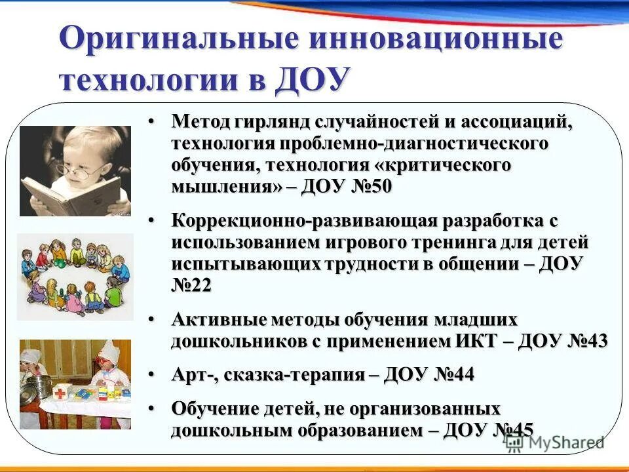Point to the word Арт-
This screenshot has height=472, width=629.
194,376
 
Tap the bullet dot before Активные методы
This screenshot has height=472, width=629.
151,321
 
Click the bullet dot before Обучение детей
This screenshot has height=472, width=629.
151,409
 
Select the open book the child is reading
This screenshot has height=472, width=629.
79,193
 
